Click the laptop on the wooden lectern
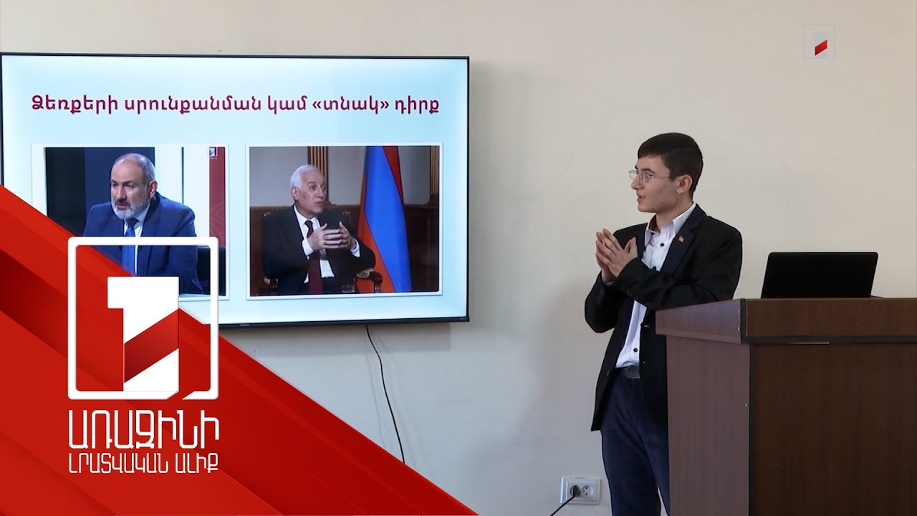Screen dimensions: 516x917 point(819,275)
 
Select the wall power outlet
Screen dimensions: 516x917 point(580,490)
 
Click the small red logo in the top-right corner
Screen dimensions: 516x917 point(820,42)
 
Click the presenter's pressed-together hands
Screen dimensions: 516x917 point(613,254)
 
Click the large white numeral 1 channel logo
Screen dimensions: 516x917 point(143,319)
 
